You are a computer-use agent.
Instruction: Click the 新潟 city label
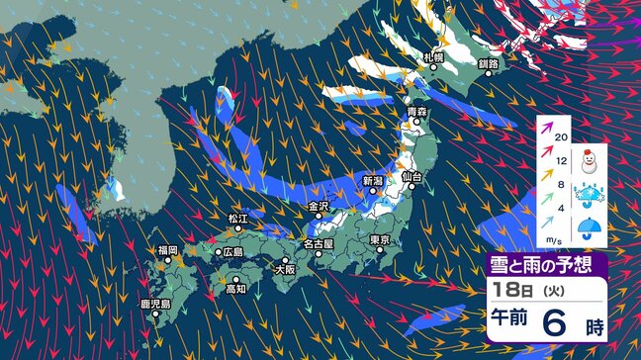tap(372, 180)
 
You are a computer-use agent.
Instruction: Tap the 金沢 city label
tap(318, 207)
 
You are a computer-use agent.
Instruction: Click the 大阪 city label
tap(285, 268)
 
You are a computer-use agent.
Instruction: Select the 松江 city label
tap(237, 218)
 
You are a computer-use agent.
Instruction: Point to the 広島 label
tap(233, 252)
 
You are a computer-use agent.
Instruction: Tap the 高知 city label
tap(235, 290)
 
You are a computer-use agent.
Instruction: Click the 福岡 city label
tap(167, 251)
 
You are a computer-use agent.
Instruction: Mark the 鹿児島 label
tap(152, 304)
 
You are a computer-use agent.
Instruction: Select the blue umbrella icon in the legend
tap(594, 228)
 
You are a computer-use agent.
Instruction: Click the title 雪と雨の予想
tap(547, 264)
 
